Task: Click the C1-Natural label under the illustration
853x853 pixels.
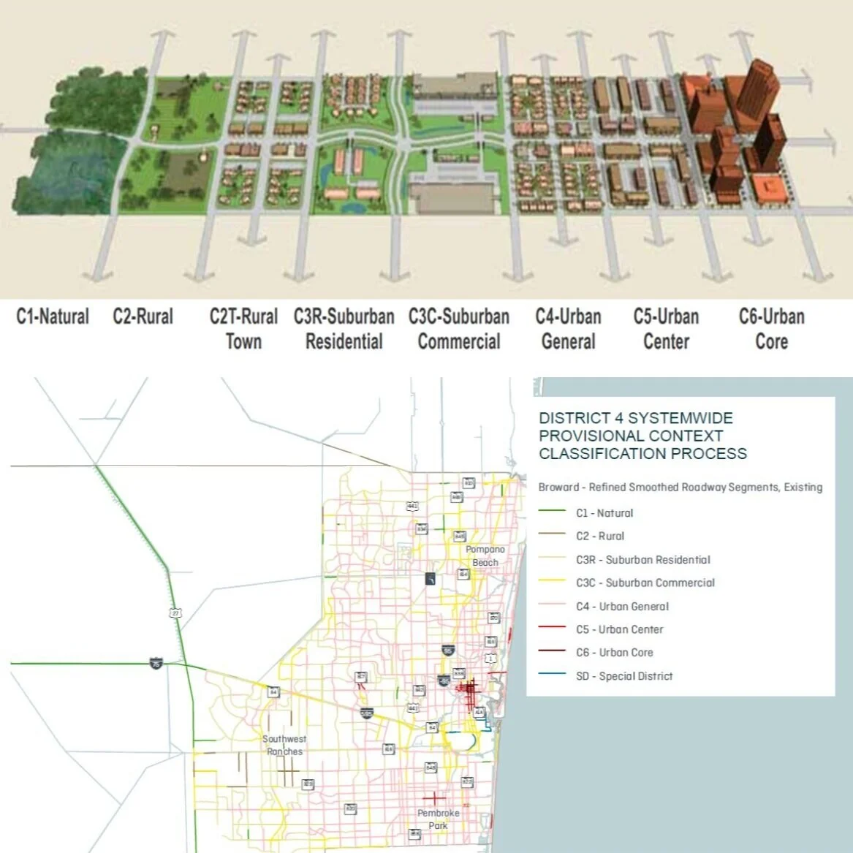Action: pyautogui.click(x=53, y=317)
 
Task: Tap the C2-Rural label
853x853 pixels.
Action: pyautogui.click(x=143, y=317)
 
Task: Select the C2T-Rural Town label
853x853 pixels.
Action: pyautogui.click(x=243, y=329)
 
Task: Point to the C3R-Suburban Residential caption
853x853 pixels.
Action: pyautogui.click(x=344, y=329)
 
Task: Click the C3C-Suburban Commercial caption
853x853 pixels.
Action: pyautogui.click(x=459, y=329)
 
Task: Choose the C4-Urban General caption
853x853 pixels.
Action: pyautogui.click(x=568, y=329)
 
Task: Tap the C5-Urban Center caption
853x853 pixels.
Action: pyautogui.click(x=666, y=329)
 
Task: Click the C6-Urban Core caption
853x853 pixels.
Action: pyautogui.click(x=771, y=329)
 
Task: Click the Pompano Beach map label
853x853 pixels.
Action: pyautogui.click(x=485, y=556)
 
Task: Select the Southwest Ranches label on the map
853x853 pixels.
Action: pyautogui.click(x=284, y=745)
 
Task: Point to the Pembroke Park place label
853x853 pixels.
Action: pyautogui.click(x=439, y=819)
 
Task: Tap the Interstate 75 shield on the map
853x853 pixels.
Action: pyautogui.click(x=156, y=664)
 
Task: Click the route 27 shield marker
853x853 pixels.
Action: pyautogui.click(x=175, y=613)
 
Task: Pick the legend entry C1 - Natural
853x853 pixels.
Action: pyautogui.click(x=604, y=513)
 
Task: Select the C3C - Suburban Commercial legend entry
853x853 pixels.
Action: pyautogui.click(x=645, y=583)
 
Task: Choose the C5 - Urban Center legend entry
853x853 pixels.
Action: pyautogui.click(x=619, y=629)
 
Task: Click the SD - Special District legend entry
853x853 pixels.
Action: pyautogui.click(x=623, y=676)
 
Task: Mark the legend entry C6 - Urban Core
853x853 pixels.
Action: pyautogui.click(x=614, y=653)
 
